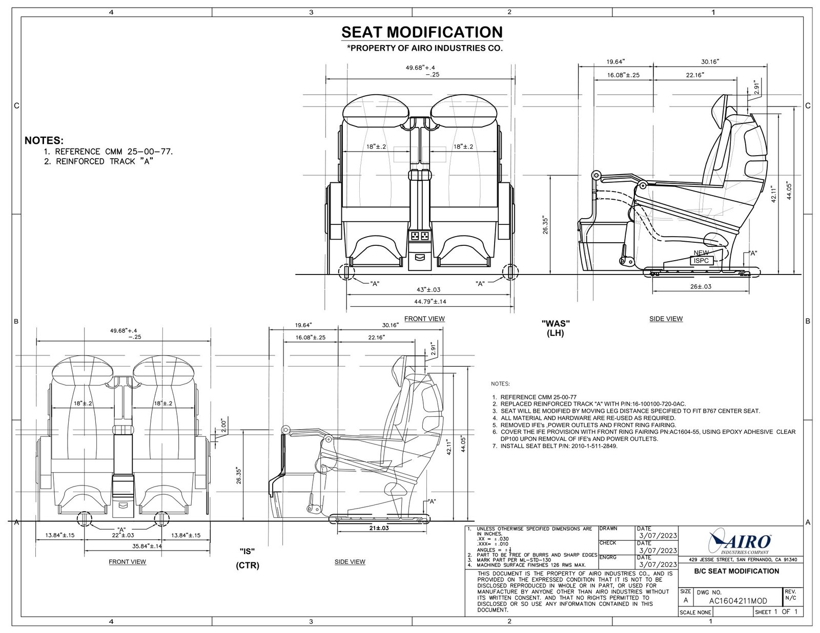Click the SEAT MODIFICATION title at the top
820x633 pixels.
pos(422,32)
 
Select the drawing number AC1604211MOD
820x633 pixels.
pos(739,601)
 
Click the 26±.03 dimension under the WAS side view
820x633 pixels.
pos(700,287)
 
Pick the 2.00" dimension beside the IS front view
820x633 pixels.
pos(223,426)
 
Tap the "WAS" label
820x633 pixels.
pos(556,323)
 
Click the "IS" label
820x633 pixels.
pos(248,551)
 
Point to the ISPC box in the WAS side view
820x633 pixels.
pos(701,261)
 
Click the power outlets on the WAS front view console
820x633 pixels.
pos(419,236)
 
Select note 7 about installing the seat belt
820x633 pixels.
pos(559,446)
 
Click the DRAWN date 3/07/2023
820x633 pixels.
pos(657,535)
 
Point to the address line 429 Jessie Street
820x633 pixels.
pos(739,559)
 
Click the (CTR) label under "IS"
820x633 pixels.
pos(248,566)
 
